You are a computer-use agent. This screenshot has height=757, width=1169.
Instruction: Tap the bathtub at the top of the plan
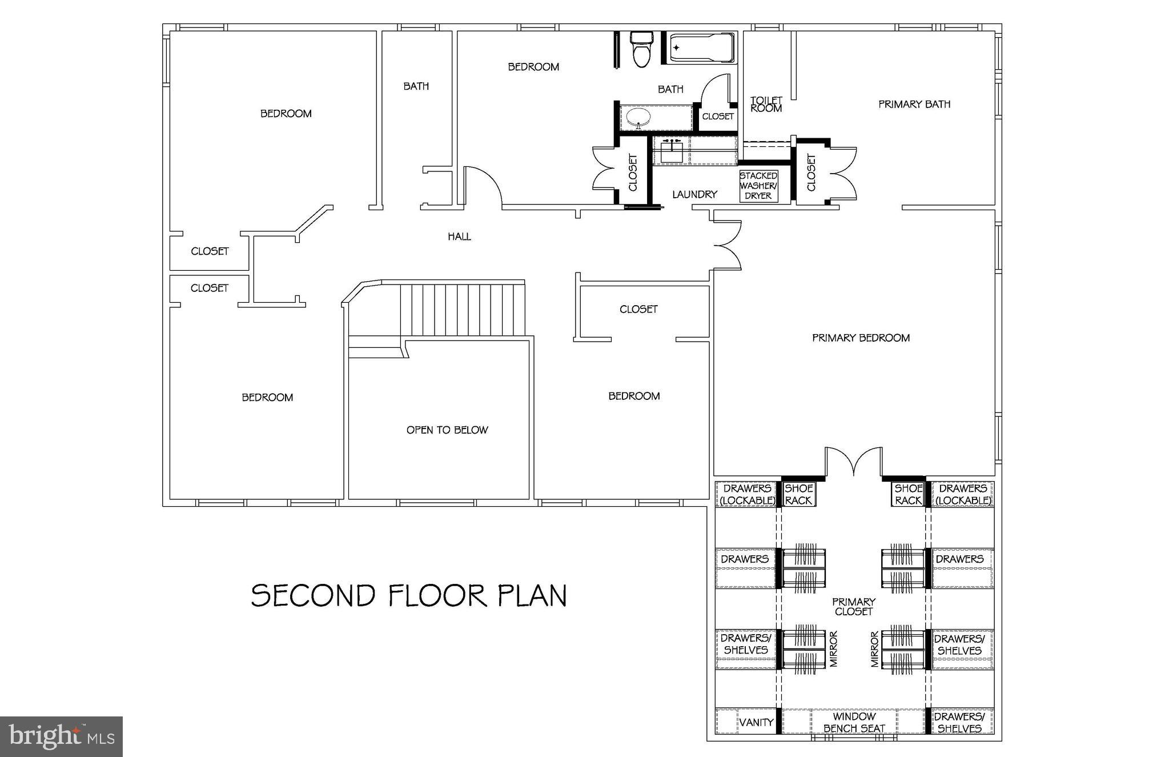point(700,48)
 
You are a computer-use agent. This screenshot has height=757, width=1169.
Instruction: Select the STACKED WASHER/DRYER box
point(758,186)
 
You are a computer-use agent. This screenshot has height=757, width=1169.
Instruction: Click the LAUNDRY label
point(694,195)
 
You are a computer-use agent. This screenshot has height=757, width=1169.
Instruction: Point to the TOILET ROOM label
point(766,105)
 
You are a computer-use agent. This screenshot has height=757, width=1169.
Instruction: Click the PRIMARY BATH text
point(914,105)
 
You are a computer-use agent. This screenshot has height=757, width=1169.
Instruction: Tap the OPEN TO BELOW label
point(447,430)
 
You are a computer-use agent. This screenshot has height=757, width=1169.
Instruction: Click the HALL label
point(459,237)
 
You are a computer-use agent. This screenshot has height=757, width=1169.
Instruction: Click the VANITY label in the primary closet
point(756,723)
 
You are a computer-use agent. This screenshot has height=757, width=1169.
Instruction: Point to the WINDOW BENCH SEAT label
point(854,723)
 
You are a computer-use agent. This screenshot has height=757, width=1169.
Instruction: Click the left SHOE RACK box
point(798,494)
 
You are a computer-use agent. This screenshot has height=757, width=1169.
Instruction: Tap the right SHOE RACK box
point(908,494)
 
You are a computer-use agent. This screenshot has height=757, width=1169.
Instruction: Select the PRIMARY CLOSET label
point(853,607)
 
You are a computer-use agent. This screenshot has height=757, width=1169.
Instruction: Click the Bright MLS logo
point(61,736)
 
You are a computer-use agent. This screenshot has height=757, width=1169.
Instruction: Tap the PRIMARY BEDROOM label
point(861,338)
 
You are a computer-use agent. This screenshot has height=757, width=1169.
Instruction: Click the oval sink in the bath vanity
point(638,118)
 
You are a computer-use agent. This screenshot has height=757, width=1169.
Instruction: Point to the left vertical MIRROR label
point(833,650)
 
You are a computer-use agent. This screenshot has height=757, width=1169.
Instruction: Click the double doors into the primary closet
point(853,463)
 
